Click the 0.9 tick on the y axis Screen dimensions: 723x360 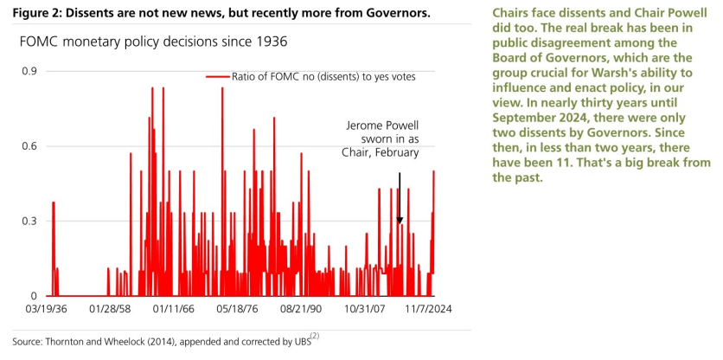pyautogui.click(x=29, y=72)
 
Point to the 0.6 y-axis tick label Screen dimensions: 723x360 pyautogui.click(x=29, y=146)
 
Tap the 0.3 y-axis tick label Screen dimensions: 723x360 pyautogui.click(x=29, y=221)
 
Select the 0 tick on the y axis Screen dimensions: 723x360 pyautogui.click(x=32, y=296)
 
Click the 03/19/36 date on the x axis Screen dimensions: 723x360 pyautogui.click(x=46, y=309)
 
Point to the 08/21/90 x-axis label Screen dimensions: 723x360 pyautogui.click(x=301, y=309)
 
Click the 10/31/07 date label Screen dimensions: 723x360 pyautogui.click(x=364, y=309)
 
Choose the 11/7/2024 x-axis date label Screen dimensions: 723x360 pyautogui.click(x=428, y=309)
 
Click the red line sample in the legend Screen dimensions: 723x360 pyautogui.click(x=217, y=77)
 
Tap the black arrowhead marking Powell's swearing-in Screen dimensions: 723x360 pyautogui.click(x=400, y=221)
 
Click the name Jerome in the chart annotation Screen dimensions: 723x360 pyautogui.click(x=362, y=126)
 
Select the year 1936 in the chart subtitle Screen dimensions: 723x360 pyautogui.click(x=275, y=42)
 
